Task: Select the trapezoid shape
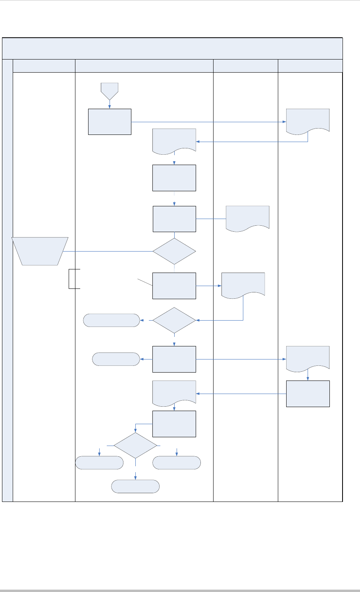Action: click(40, 251)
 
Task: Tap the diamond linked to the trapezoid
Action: click(174, 251)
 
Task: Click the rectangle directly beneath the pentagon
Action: click(110, 121)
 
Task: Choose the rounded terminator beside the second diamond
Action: click(112, 320)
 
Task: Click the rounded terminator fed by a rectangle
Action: click(116, 359)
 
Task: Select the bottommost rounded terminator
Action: click(135, 486)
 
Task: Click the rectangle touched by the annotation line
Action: click(174, 286)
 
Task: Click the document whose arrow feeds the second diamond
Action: click(243, 284)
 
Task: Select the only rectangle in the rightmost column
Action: click(308, 394)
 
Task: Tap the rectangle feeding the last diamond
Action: click(174, 424)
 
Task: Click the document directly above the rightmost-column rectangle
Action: click(308, 358)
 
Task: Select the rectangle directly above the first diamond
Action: click(174, 219)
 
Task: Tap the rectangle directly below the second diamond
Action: click(174, 359)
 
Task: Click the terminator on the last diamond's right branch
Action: click(177, 463)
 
